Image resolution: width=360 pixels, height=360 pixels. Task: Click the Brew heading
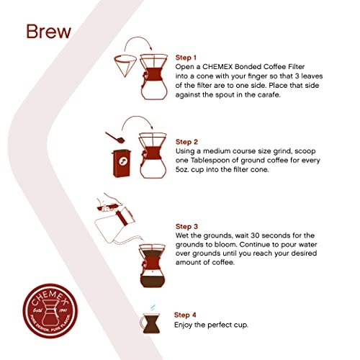click(x=48, y=32)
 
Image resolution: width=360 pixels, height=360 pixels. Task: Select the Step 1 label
click(x=187, y=57)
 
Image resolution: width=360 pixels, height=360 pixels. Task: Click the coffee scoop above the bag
click(x=113, y=135)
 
